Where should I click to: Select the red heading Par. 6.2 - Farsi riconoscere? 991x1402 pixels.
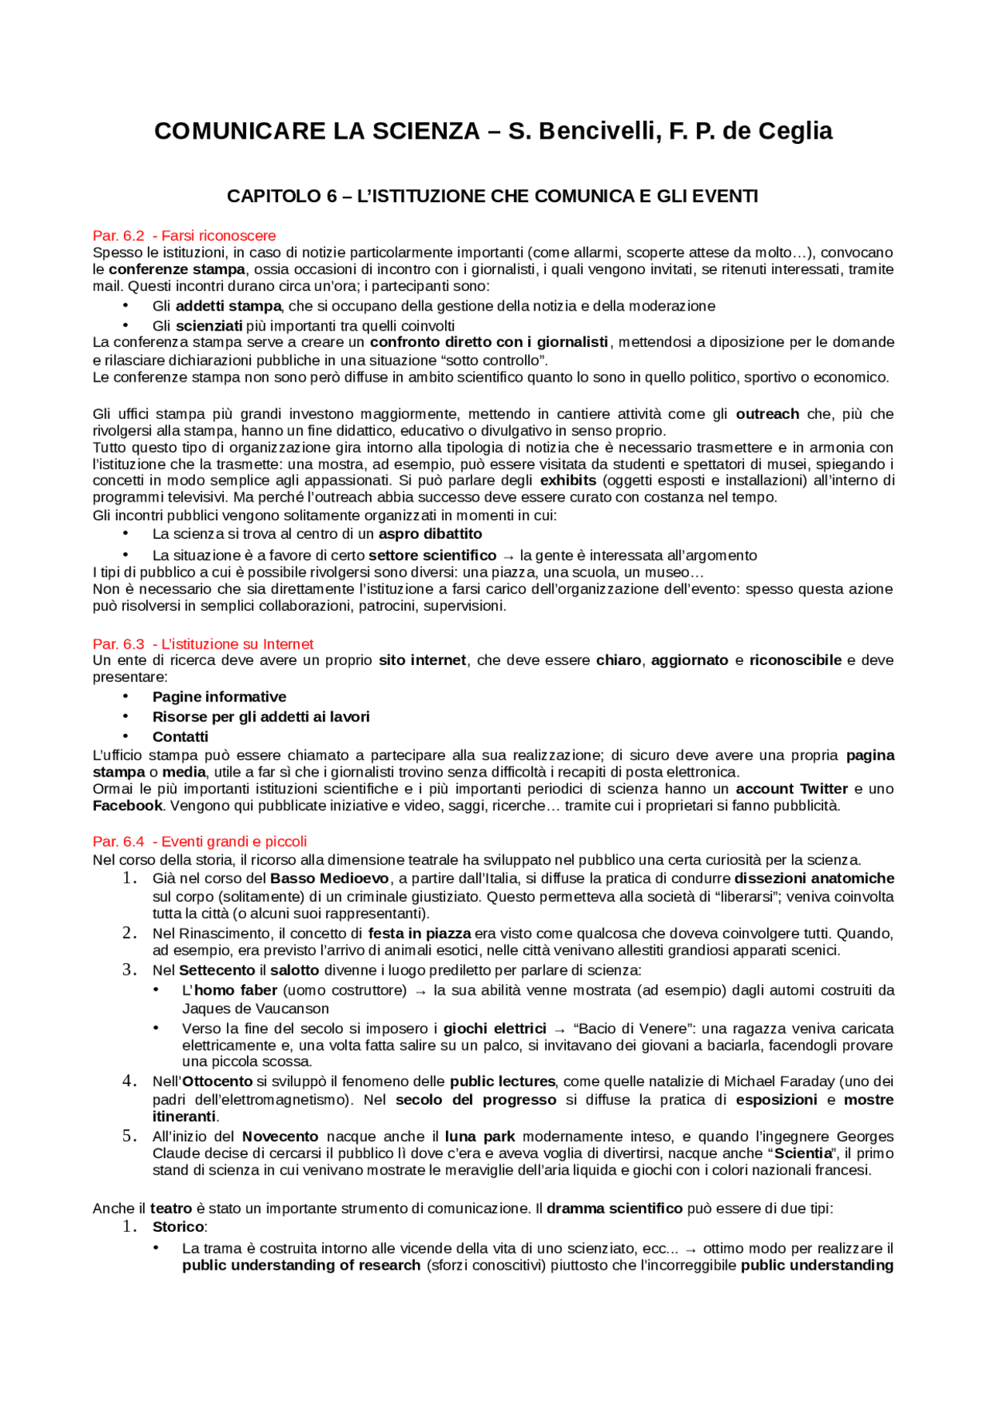click(x=183, y=235)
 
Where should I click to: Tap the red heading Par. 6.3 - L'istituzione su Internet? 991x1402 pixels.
click(x=203, y=644)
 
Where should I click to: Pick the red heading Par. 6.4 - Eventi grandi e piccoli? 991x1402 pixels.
click(x=200, y=842)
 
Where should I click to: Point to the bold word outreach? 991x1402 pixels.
click(x=767, y=414)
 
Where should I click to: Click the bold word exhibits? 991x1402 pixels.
click(x=568, y=481)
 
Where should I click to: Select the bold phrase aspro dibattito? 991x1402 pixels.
click(x=430, y=534)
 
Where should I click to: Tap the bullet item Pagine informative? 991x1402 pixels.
click(x=219, y=697)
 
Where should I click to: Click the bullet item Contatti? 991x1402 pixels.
click(x=180, y=737)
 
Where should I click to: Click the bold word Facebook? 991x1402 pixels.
click(x=128, y=806)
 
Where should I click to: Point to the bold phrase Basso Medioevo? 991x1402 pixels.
click(x=329, y=879)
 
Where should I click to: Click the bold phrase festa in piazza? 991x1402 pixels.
click(x=420, y=934)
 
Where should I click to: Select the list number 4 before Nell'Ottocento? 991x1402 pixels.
click(x=129, y=1081)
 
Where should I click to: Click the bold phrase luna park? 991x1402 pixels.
click(x=480, y=1136)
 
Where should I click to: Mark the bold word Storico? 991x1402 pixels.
click(x=178, y=1227)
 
